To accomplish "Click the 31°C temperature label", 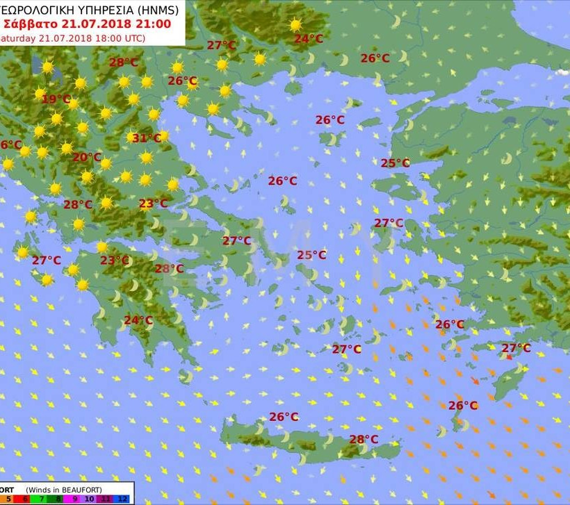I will tap(147, 138).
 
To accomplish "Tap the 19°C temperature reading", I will tap(56, 99).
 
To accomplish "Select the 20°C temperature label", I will tap(86, 158).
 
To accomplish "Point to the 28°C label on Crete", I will tap(364, 439).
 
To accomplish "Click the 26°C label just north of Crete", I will tap(284, 417).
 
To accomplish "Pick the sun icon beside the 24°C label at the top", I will tap(296, 25).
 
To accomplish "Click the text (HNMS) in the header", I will tap(156, 10).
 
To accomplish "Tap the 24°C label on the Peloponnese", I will tap(138, 320).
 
